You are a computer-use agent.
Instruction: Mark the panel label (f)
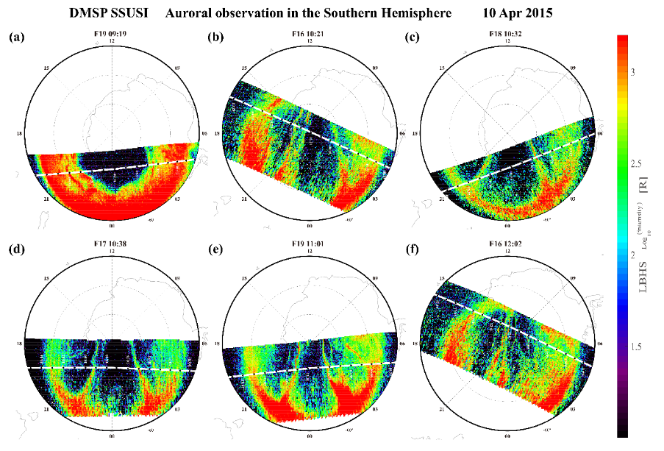[413, 249]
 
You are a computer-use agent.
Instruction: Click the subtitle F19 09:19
[112, 33]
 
